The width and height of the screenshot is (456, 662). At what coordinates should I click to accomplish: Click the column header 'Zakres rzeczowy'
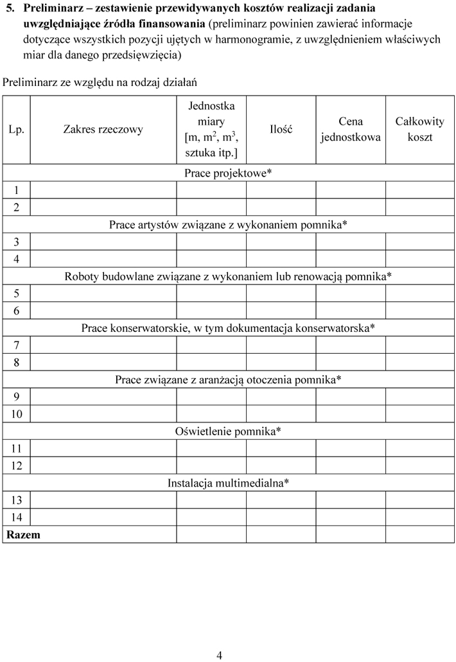pos(103,129)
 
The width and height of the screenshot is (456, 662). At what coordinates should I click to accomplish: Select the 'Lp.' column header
pos(16,129)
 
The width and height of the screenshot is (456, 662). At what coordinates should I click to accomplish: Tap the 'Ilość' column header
pos(281,129)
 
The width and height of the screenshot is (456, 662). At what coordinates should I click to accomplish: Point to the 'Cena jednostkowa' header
pos(350,129)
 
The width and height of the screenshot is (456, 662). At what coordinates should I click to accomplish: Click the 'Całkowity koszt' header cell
pos(419,129)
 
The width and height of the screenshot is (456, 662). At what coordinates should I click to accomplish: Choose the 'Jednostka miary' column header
pos(211,129)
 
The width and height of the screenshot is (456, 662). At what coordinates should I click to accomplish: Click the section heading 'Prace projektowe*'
pos(228,173)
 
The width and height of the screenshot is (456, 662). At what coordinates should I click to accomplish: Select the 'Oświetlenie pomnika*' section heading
pos(228,431)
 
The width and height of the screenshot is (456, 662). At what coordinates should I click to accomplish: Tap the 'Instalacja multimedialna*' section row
pos(228,483)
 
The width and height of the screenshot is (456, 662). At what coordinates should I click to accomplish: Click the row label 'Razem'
pos(23,534)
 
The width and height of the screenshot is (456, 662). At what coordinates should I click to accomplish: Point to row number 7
pos(16,345)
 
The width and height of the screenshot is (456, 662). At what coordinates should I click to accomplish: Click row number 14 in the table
pos(16,517)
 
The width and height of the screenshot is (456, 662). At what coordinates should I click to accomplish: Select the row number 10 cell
pos(16,414)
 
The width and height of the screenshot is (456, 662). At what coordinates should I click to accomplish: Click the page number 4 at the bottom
pos(219,655)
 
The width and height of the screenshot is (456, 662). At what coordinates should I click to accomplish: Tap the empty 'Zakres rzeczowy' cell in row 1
pos(103,189)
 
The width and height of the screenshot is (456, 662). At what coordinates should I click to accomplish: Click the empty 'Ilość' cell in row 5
pos(281,293)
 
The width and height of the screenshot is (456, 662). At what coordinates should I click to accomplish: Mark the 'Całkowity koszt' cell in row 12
pos(419,466)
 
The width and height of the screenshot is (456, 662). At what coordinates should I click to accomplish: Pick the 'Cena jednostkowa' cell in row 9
pos(350,396)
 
